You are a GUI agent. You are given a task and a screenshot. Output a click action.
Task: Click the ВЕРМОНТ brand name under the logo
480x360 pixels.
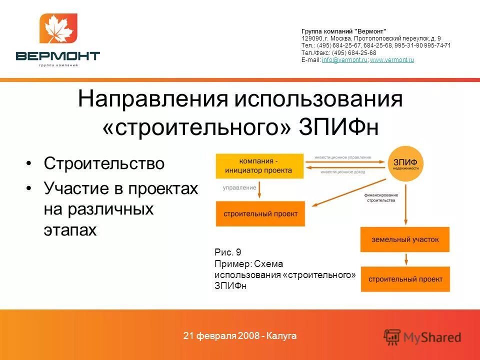click(x=58, y=55)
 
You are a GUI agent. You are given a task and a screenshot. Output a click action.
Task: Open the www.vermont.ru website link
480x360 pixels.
click(x=392, y=60)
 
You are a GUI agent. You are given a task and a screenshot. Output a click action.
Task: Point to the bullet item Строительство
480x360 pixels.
click(x=104, y=163)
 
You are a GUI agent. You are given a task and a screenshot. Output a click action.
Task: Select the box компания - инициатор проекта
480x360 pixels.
click(x=259, y=165)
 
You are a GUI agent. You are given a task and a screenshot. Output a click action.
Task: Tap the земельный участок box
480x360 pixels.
click(x=405, y=239)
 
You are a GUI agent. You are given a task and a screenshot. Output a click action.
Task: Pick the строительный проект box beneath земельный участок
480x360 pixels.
click(x=405, y=279)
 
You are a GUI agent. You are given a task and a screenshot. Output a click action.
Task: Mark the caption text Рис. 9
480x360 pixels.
click(x=227, y=252)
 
